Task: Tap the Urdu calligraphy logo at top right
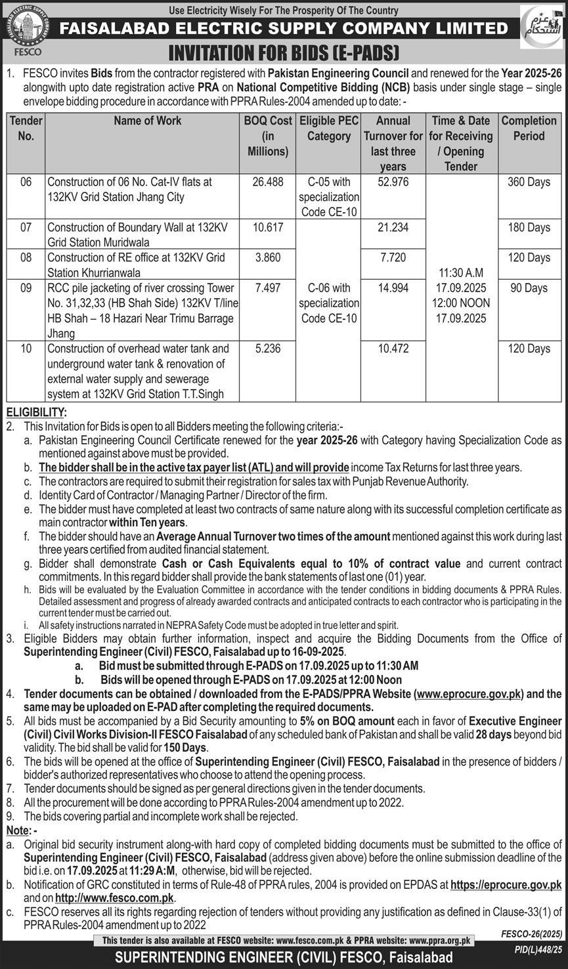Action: pos(541,27)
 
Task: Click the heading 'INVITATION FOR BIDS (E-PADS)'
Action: pos(284,52)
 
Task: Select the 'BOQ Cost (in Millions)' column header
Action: pos(267,136)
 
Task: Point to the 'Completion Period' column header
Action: pos(529,128)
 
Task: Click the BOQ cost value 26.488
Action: pos(267,182)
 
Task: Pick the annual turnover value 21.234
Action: pos(393,227)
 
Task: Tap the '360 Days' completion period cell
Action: pos(529,182)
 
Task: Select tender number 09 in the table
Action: pos(26,288)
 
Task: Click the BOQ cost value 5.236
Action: pos(267,349)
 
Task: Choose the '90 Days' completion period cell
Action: pos(529,288)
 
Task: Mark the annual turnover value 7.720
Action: pos(393,258)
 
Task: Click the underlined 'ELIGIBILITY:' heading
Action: pos(36,412)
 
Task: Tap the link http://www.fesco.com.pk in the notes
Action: pos(114,898)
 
